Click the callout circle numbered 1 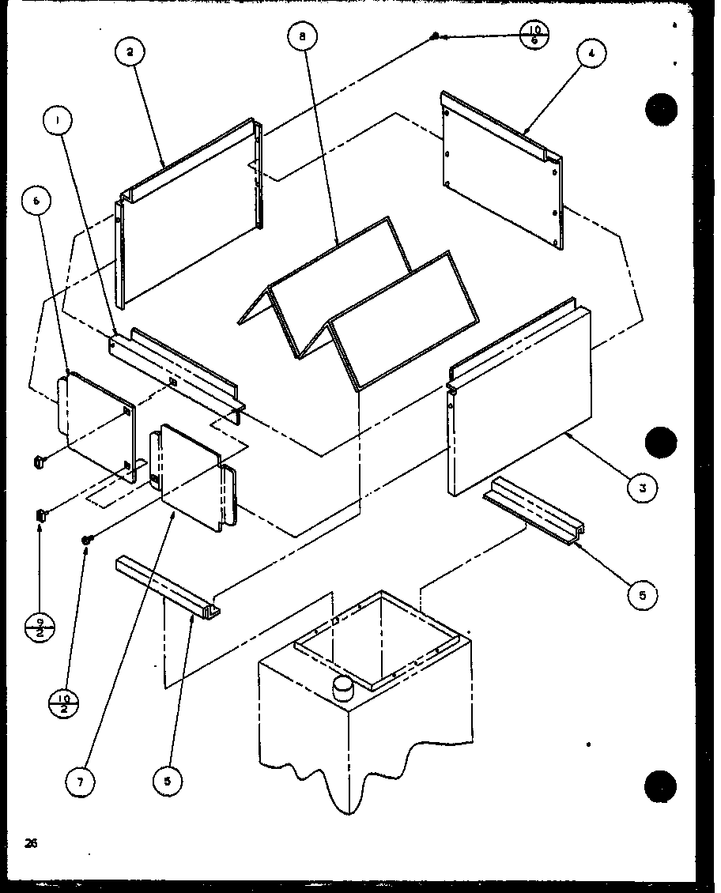58,122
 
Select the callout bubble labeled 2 130,52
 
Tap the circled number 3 644,488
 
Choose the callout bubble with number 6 36,202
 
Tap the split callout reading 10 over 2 66,700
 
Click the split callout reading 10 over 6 535,36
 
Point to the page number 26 31,843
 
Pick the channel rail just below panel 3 535,509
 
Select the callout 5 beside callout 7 168,782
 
